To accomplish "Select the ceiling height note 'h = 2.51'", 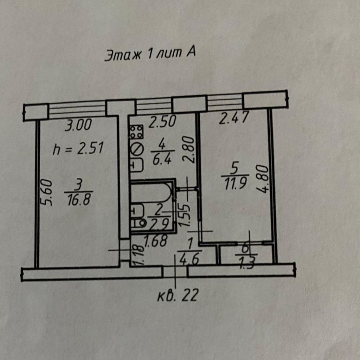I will pos(78,149).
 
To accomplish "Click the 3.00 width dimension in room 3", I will pos(78,125).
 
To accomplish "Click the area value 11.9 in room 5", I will pos(235,184).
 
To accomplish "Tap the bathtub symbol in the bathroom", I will pos(152,193).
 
